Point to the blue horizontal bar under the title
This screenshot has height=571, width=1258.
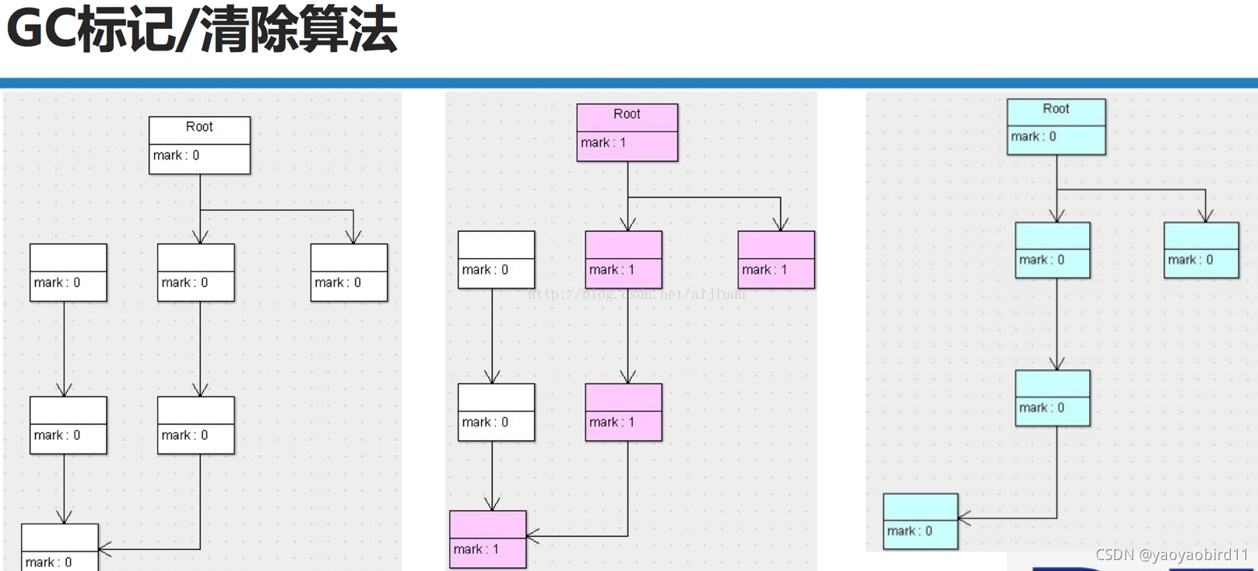(x=629, y=82)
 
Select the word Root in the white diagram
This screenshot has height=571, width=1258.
(x=199, y=127)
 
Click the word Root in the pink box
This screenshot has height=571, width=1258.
(x=627, y=114)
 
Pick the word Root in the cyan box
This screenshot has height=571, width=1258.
(x=1056, y=109)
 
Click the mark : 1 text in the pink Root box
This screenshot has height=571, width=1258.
(x=603, y=143)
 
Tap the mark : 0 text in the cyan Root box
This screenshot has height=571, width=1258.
(x=1033, y=137)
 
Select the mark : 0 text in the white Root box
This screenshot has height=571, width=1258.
(x=176, y=156)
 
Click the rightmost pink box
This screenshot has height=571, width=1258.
(x=776, y=259)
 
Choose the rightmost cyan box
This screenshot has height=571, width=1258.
(x=1201, y=250)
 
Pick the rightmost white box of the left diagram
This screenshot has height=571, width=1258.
(x=349, y=272)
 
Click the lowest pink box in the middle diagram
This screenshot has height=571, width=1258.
(x=488, y=539)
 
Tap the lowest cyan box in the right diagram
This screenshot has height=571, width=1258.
(x=920, y=521)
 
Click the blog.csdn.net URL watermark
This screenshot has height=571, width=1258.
(x=636, y=294)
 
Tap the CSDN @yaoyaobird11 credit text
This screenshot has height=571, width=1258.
(x=1172, y=555)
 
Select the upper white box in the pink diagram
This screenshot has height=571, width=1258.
(x=496, y=259)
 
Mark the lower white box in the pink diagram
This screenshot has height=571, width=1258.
(x=496, y=412)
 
